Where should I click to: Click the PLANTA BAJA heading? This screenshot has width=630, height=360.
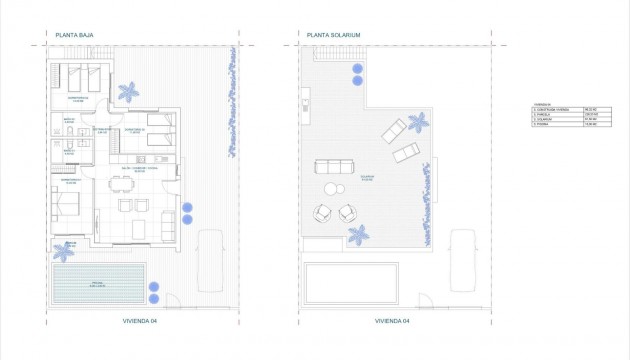(75, 34)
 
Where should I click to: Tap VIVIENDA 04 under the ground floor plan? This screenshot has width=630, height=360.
(141, 322)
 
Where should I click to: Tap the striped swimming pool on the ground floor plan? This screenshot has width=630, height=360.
(97, 285)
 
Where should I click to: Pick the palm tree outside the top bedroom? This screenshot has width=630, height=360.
(128, 92)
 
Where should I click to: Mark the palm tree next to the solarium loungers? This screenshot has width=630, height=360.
(417, 122)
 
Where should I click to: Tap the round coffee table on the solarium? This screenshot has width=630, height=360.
(331, 190)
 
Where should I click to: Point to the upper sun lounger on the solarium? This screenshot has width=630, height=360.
(393, 130)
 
